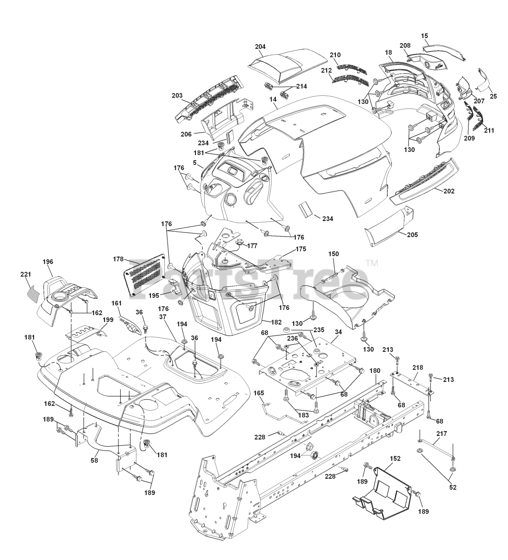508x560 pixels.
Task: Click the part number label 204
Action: click(260, 46)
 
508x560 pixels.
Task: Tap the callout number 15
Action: click(425, 35)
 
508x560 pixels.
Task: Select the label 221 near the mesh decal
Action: click(26, 274)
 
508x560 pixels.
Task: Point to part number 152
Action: click(395, 458)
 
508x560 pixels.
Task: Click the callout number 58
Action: click(94, 460)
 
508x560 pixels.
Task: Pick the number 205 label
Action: click(412, 235)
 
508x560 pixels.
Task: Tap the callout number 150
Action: click(334, 254)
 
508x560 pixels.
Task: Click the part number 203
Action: click(177, 95)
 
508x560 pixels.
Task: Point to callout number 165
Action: click(259, 393)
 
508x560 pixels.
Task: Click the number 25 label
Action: click(493, 96)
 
